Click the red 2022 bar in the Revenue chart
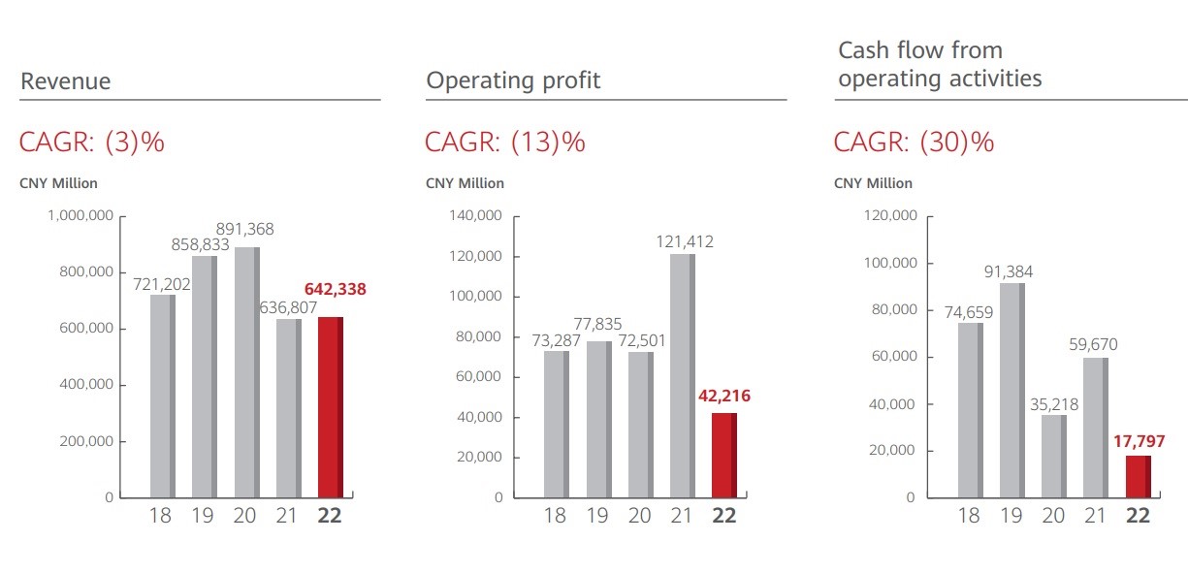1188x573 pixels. coord(330,407)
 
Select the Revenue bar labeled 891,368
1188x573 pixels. coord(246,372)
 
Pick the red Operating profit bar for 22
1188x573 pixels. coord(723,455)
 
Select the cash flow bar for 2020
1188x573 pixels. coord(1053,456)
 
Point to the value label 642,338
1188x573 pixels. coord(336,289)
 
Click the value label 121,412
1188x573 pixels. coord(682,241)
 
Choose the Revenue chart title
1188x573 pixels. coord(66,81)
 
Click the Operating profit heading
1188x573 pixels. coord(513,80)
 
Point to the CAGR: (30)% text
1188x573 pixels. coord(914,143)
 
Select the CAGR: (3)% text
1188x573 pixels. coord(92,143)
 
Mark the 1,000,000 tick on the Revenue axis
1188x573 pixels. coord(80,215)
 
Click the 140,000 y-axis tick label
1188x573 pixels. coord(476,216)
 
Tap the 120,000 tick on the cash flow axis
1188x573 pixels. coord(890,216)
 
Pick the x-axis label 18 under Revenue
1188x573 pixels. coord(161,515)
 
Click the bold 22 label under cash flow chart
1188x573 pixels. coord(1138,516)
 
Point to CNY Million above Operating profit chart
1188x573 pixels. coord(465,183)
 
